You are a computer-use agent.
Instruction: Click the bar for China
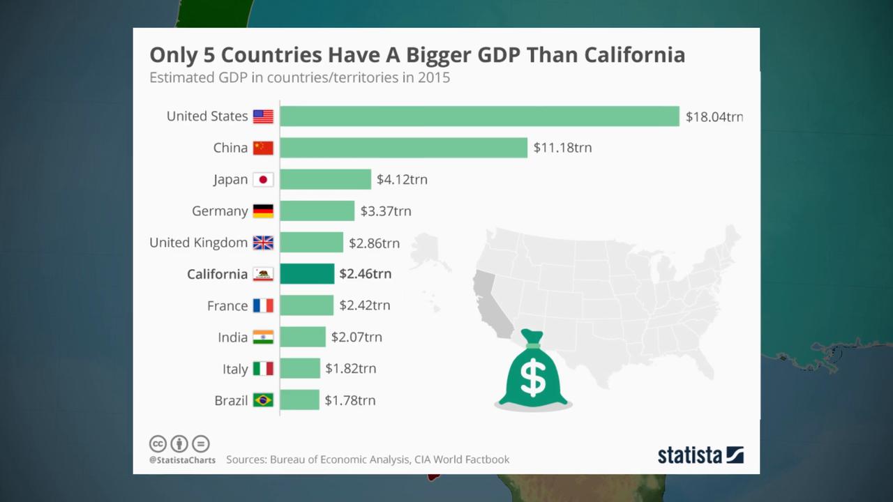pos(403,148)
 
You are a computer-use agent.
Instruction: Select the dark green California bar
pos(307,274)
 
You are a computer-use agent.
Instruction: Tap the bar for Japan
pos(325,179)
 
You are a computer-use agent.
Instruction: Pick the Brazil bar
pos(299,400)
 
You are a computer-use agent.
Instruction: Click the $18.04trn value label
pos(714,116)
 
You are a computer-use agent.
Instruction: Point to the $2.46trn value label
pos(365,274)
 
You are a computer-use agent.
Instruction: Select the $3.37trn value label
pos(386,211)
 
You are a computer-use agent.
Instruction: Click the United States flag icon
pos(263,116)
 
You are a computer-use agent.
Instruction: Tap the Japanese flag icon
pos(263,179)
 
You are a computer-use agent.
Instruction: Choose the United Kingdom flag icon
pos(263,243)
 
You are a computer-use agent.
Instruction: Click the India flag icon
pos(263,337)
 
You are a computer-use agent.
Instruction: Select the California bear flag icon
pos(263,274)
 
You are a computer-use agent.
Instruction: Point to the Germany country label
pos(220,211)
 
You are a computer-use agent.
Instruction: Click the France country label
pos(227,306)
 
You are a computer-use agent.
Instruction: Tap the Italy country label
pos(235,369)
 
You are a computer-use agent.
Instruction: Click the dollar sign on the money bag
pos(534,376)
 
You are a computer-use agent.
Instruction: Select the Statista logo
pos(700,455)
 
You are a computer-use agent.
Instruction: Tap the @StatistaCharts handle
pos(182,460)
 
